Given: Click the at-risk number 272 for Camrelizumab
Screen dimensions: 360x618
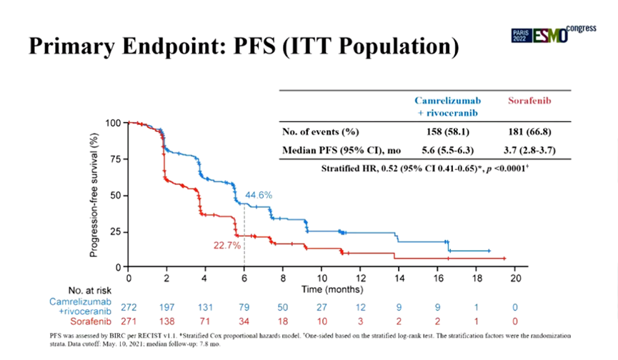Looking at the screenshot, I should pyautogui.click(x=129, y=307).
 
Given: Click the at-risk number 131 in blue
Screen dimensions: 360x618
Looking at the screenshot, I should pyautogui.click(x=206, y=307).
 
